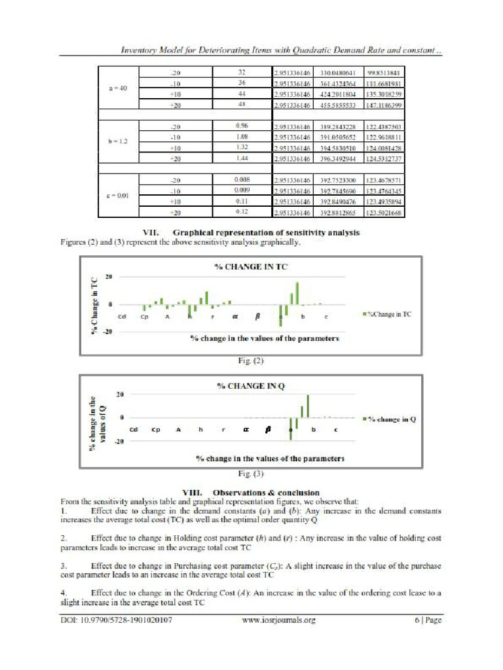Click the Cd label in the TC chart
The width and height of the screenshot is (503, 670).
[122, 317]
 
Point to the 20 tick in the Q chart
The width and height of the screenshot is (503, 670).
[120, 395]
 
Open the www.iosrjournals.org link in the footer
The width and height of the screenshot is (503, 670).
[278, 619]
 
